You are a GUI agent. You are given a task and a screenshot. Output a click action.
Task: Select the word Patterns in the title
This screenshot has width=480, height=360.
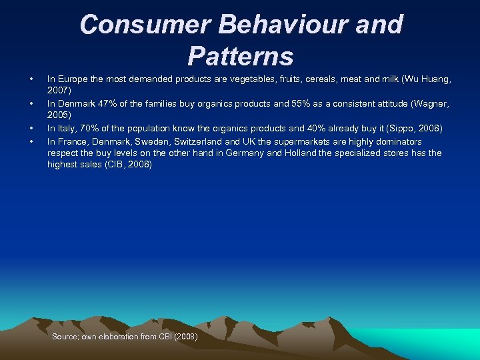point(240,56)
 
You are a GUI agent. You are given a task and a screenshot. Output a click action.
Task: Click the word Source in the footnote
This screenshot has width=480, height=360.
point(65,337)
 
